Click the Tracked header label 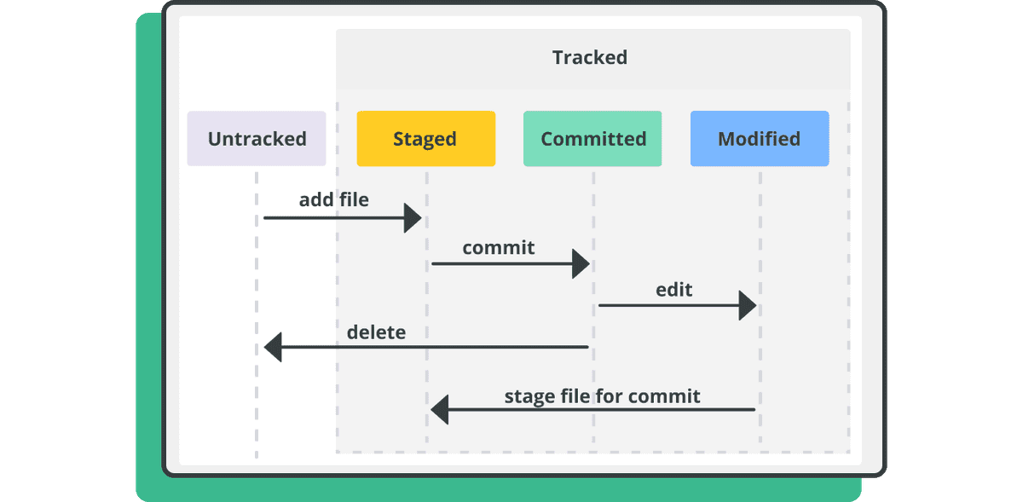[x=589, y=58]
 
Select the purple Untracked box [x=257, y=138]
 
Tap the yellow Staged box [x=425, y=138]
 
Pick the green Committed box [x=592, y=138]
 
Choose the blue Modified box [x=759, y=138]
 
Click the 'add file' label [x=333, y=199]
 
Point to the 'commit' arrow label [x=499, y=247]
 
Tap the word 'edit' [x=673, y=290]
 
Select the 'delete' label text [x=376, y=332]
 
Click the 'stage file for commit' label [x=602, y=395]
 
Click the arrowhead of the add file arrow [x=413, y=218]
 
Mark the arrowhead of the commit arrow [x=581, y=263]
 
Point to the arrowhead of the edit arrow [x=748, y=305]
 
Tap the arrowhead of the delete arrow [x=273, y=347]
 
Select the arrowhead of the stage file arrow [x=440, y=410]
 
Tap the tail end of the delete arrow [x=586, y=347]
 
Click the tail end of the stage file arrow [x=753, y=410]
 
